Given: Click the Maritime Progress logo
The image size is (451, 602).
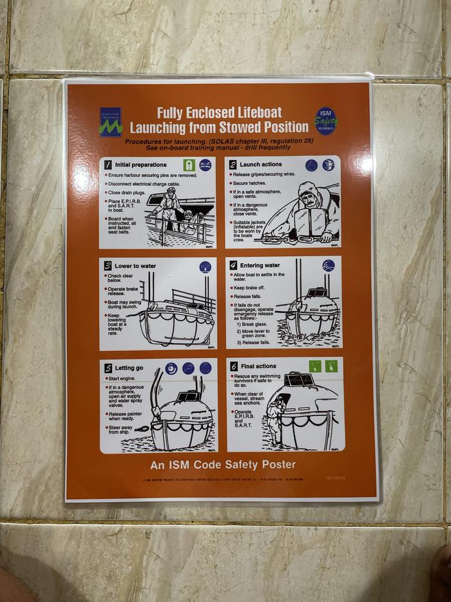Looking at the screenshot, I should [111, 121].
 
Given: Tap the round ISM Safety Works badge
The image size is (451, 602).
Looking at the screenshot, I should [325, 121].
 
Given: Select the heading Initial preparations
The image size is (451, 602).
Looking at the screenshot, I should [140, 165].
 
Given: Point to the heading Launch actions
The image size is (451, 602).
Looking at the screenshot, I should [261, 165].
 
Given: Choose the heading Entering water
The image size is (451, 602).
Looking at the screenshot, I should [260, 265].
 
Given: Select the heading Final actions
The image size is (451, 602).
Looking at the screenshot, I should [258, 366].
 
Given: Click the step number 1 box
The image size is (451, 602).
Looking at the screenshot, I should [108, 165].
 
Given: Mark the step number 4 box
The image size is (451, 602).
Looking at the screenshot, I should [233, 265].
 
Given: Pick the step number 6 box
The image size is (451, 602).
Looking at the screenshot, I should [233, 366].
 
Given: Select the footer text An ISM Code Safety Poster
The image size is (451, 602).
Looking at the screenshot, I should [223, 464].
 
